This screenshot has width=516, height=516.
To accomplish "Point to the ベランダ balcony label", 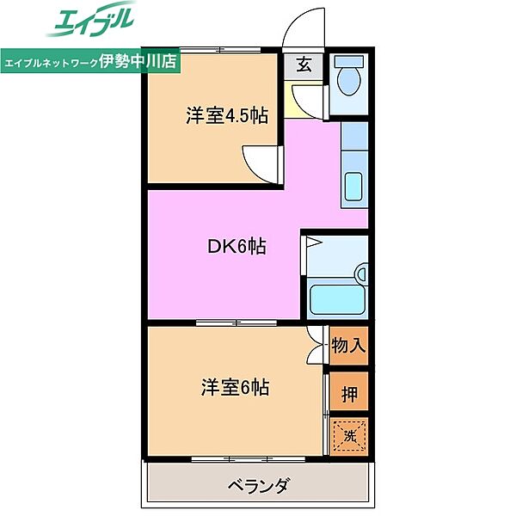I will pyautogui.click(x=258, y=485).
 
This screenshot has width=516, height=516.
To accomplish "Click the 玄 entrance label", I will pyautogui.click(x=305, y=64).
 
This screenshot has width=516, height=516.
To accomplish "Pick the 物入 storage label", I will pyautogui.click(x=349, y=346).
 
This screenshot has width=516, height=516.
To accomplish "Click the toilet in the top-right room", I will pyautogui.click(x=349, y=79).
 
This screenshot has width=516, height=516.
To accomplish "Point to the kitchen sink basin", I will pyautogui.click(x=354, y=184).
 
